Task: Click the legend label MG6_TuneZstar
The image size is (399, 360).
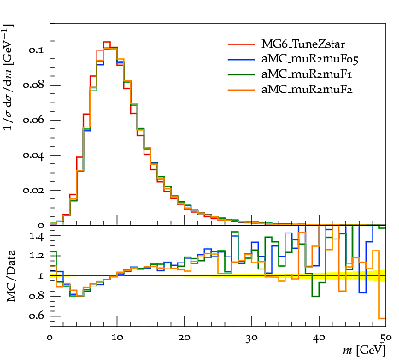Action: [303, 44]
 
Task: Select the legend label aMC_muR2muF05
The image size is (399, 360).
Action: [310, 59]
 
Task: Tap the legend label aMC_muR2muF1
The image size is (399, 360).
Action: [307, 74]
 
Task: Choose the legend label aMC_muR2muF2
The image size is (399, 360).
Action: [307, 90]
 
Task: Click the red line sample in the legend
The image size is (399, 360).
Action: [241, 44]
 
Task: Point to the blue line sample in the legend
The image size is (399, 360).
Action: [241, 59]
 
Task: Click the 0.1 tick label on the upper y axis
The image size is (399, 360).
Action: [36, 50]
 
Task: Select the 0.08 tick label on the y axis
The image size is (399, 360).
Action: [33, 85]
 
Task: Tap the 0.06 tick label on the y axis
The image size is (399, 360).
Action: [33, 120]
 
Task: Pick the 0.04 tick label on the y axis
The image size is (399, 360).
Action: [33, 156]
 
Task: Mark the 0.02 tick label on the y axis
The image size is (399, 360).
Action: [33, 190]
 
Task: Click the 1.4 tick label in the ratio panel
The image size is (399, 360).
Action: [37, 236]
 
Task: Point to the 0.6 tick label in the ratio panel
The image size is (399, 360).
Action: [37, 316]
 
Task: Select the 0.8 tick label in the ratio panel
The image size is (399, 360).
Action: [37, 296]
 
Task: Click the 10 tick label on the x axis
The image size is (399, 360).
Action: [117, 338]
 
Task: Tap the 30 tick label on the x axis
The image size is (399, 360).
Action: [252, 338]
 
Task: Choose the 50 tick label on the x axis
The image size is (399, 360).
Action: [386, 338]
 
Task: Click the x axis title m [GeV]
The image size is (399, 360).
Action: [365, 350]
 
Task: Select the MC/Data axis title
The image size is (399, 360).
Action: [10, 275]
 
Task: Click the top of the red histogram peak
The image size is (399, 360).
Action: [107, 42]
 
